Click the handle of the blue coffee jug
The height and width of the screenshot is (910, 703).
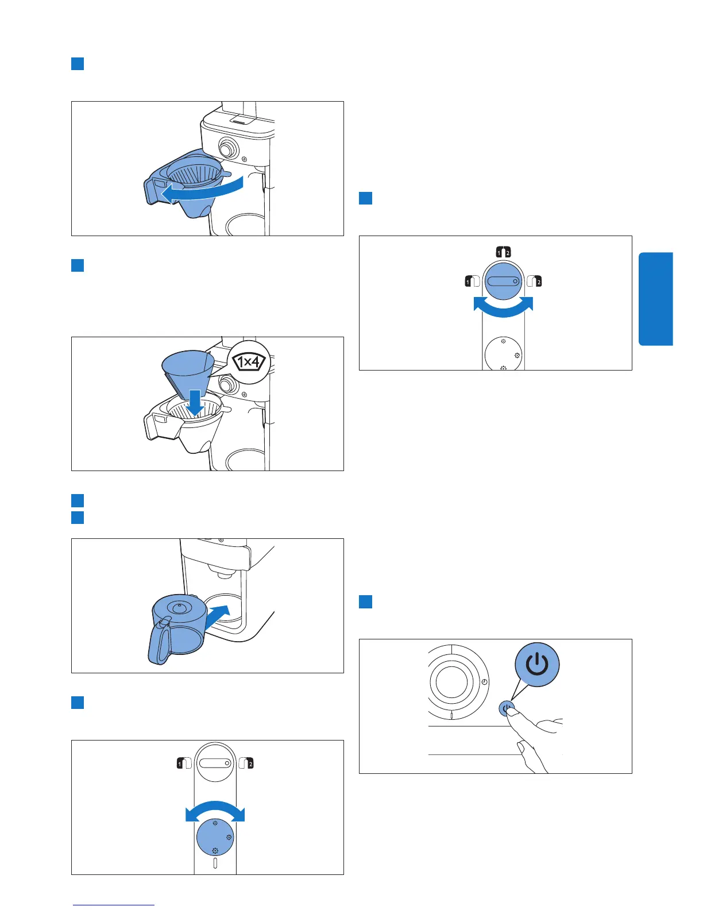point(160,642)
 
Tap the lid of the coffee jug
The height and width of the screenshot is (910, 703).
point(178,607)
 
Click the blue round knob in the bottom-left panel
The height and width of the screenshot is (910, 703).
point(215,838)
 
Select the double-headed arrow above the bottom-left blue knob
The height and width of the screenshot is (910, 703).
point(215,811)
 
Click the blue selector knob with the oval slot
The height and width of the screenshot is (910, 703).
point(503,282)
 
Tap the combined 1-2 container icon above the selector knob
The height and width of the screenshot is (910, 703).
point(503,252)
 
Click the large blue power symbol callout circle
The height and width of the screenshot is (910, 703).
point(536,665)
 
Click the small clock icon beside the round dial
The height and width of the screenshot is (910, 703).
point(484,682)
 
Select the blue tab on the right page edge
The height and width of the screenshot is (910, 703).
point(655,299)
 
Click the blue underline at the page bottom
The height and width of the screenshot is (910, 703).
point(114,905)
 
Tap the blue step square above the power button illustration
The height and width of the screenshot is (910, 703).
point(365,601)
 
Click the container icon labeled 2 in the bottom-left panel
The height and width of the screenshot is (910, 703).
point(246,763)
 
